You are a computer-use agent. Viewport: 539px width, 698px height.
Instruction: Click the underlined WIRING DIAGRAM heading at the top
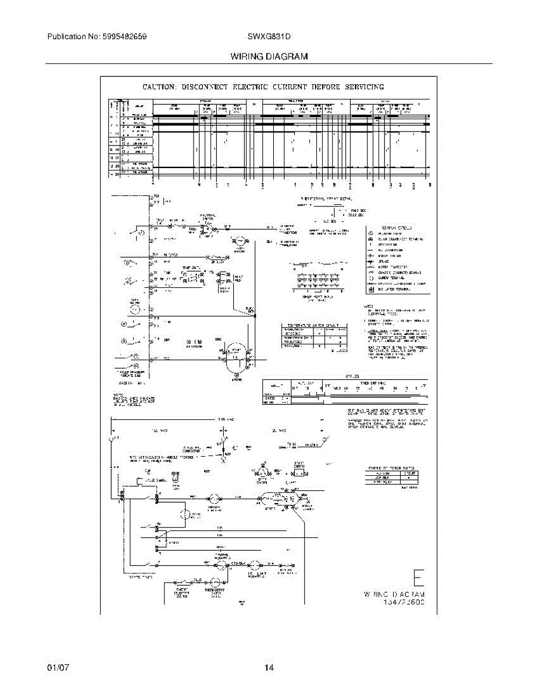tap(269, 57)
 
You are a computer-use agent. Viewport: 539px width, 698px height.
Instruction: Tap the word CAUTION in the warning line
tap(160, 87)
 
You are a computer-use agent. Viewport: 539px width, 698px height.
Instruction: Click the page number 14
tap(269, 668)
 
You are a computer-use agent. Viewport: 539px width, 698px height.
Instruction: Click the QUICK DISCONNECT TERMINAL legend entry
tap(401, 239)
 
